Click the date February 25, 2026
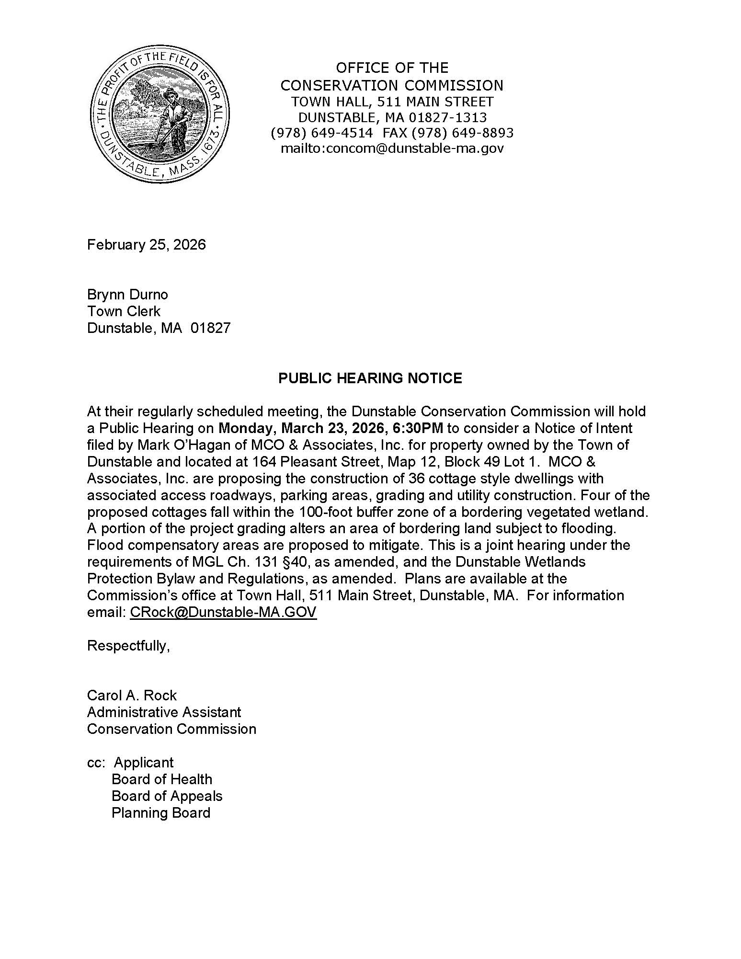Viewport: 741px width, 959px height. pyautogui.click(x=146, y=245)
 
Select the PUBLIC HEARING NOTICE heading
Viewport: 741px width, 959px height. pyautogui.click(x=370, y=378)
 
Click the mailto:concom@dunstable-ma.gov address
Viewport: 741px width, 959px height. pyautogui.click(x=392, y=148)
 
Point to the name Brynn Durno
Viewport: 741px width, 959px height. pyautogui.click(x=127, y=294)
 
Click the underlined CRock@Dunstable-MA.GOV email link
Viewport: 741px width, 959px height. pyautogui.click(x=223, y=612)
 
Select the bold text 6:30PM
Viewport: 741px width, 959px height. pyautogui.click(x=414, y=428)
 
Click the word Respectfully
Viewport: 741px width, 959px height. pyautogui.click(x=128, y=646)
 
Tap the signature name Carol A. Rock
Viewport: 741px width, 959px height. pyautogui.click(x=132, y=695)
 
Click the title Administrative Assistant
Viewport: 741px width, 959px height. pyautogui.click(x=164, y=712)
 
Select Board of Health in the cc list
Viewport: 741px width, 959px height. pyautogui.click(x=161, y=779)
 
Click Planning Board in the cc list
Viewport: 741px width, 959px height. pyautogui.click(x=161, y=813)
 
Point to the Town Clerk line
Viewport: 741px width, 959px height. pyautogui.click(x=124, y=311)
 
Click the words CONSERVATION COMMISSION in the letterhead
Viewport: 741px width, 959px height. pyautogui.click(x=391, y=85)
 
